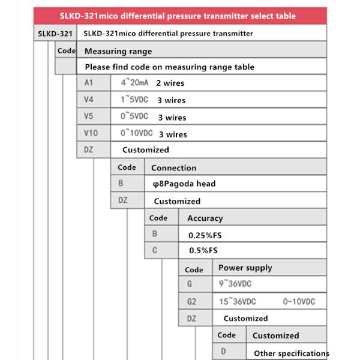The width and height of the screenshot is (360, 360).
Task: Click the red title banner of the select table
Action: (x=180, y=16)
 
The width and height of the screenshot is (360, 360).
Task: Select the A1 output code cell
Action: (x=89, y=83)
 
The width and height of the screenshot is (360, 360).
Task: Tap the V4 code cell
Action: (x=89, y=100)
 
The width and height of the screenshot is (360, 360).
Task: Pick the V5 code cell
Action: (x=89, y=116)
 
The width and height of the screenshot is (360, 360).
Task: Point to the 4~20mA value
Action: (x=134, y=83)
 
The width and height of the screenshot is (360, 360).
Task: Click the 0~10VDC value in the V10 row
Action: (x=137, y=133)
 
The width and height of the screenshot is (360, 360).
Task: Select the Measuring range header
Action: (x=118, y=51)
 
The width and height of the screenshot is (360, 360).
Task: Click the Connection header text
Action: (x=173, y=168)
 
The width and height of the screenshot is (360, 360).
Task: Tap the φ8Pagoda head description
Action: (x=184, y=184)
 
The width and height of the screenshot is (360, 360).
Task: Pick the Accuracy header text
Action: (x=205, y=218)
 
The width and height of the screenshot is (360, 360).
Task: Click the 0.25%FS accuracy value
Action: (x=205, y=235)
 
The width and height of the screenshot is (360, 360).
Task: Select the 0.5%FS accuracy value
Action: (x=203, y=251)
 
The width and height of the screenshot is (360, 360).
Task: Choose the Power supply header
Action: (x=245, y=268)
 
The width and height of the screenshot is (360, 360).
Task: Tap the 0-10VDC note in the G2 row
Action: (x=299, y=301)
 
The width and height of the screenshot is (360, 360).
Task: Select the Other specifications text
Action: (x=291, y=353)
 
